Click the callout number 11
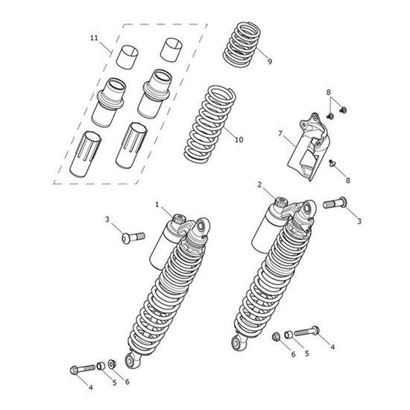click(x=94, y=38)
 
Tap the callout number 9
click(x=270, y=61)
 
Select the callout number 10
click(x=239, y=139)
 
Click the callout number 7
click(x=280, y=133)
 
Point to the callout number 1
click(x=157, y=204)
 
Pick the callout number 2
click(x=259, y=185)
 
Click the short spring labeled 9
click(x=242, y=43)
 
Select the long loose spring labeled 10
click(x=209, y=123)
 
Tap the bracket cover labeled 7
click(x=309, y=147)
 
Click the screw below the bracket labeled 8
click(x=332, y=163)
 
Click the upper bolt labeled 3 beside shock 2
click(x=335, y=203)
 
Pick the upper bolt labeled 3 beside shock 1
click(x=133, y=237)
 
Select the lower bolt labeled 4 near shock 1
click(x=82, y=369)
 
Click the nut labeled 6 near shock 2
click(x=276, y=336)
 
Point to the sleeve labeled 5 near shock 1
click(x=101, y=366)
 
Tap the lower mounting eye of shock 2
click(x=236, y=344)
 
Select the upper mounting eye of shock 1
click(x=201, y=226)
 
